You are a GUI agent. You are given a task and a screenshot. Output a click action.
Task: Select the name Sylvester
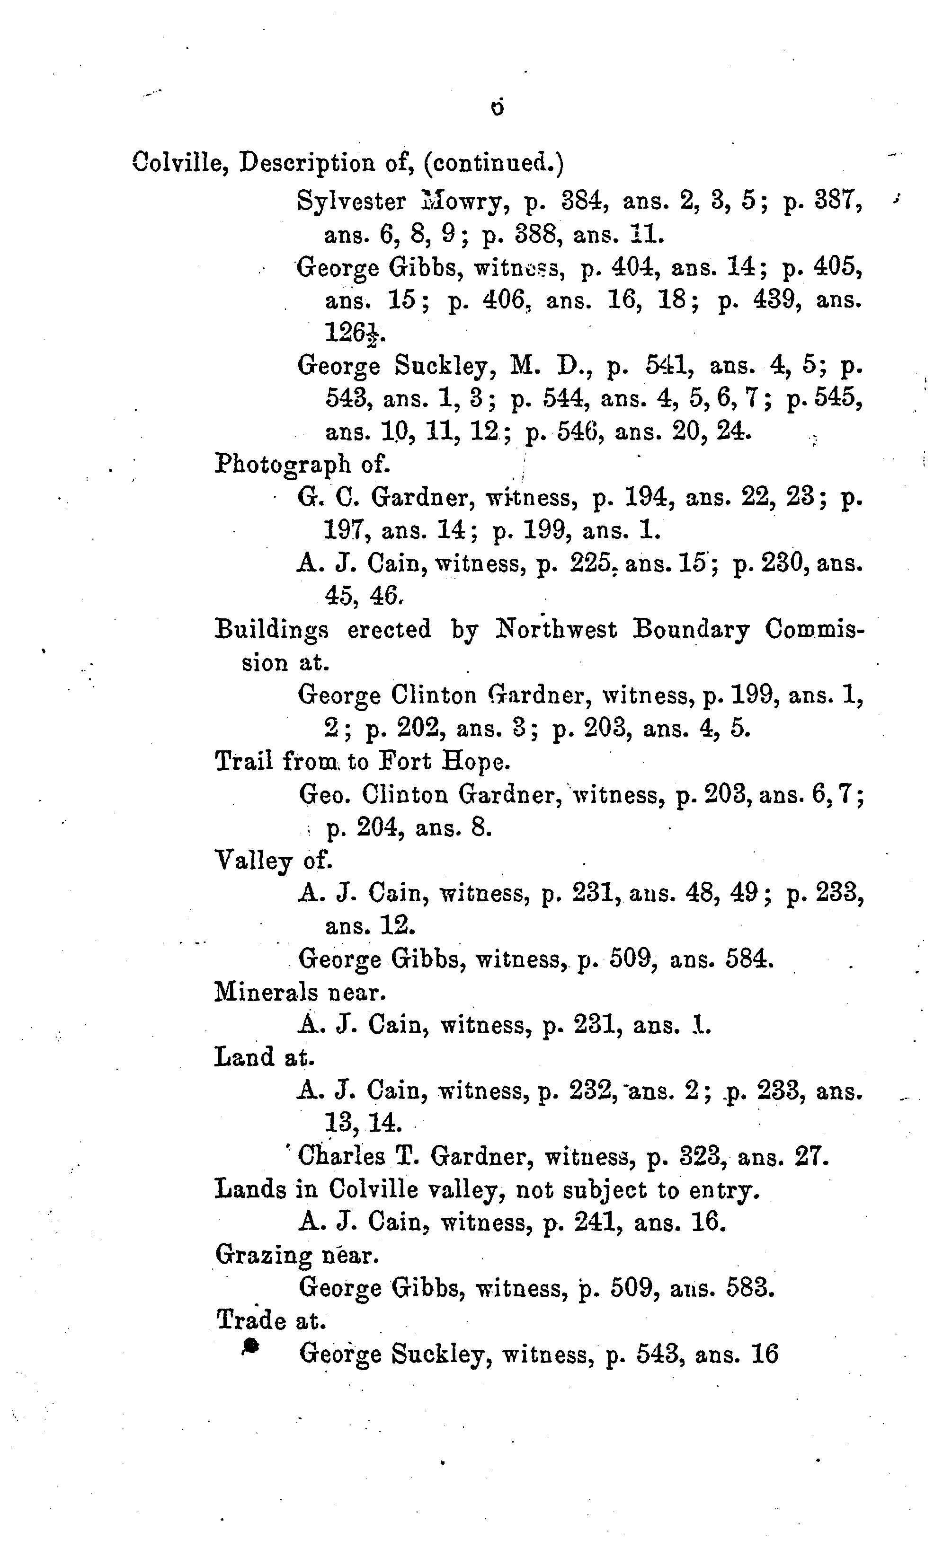[x=351, y=202]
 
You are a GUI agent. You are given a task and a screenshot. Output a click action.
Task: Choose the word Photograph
[x=283, y=465]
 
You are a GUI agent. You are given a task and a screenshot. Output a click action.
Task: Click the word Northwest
[x=555, y=629]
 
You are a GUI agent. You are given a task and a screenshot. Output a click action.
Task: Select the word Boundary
[x=691, y=629]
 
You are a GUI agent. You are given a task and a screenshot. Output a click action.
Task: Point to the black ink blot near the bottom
[x=250, y=1345]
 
